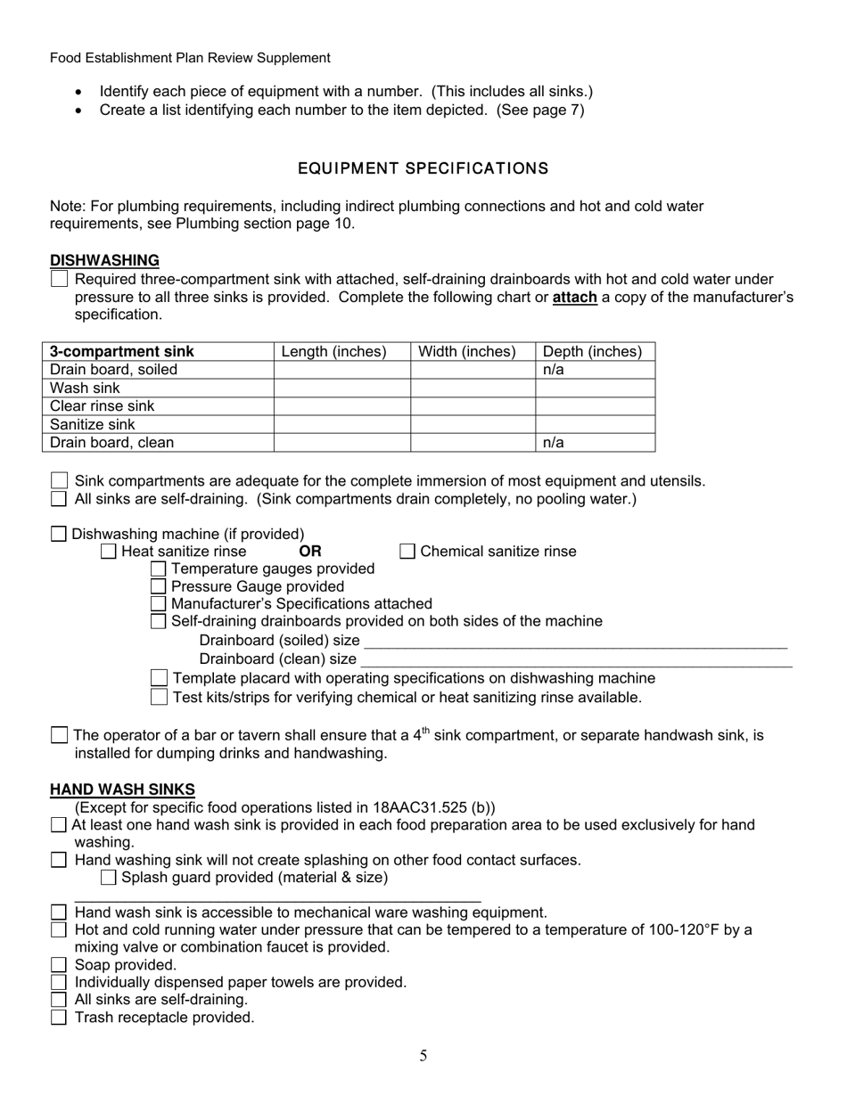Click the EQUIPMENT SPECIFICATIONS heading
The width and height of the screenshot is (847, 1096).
[x=423, y=168]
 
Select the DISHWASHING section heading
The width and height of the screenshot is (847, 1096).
[x=104, y=260]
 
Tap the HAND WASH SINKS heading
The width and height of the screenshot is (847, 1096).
[x=122, y=789]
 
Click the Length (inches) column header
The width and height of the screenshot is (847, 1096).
[x=333, y=352]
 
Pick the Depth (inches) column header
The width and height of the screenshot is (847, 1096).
[x=592, y=352]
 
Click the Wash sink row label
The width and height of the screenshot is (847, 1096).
[x=85, y=388]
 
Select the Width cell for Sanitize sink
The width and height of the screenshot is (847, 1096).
[x=472, y=424]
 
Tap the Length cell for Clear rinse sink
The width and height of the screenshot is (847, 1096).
[x=341, y=405]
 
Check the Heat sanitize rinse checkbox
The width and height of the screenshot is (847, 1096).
[x=109, y=552]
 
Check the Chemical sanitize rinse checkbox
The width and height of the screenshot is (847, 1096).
[x=407, y=552]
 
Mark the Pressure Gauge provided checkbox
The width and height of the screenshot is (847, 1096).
[x=159, y=586]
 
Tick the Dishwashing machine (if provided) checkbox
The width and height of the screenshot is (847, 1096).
[x=59, y=534]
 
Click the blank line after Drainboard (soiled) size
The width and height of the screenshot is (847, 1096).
[x=575, y=642]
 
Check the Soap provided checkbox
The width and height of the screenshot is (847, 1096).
[x=59, y=964]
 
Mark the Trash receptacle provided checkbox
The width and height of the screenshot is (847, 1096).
[x=59, y=1017]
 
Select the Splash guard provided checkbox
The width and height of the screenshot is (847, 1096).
[x=109, y=878]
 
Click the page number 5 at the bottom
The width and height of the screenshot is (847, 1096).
[x=423, y=1056]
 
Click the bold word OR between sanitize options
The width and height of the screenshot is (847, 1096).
[x=310, y=552]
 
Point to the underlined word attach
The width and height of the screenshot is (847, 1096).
[x=574, y=298]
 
